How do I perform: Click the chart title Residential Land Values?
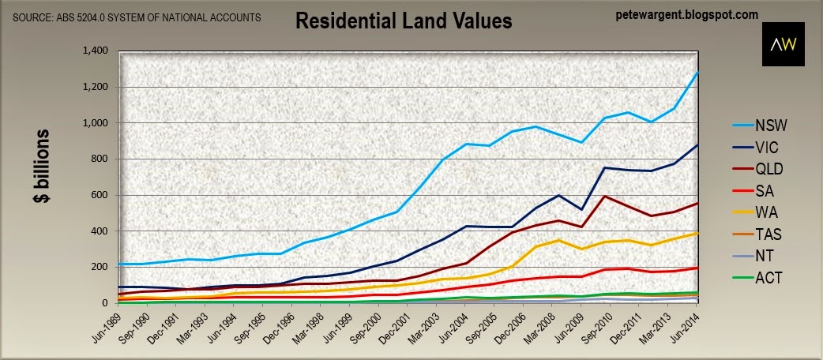pyautogui.click(x=403, y=21)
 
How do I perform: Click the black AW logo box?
pyautogui.click(x=783, y=44)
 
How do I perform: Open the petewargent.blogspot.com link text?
pyautogui.click(x=687, y=15)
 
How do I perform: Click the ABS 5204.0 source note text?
pyautogui.click(x=137, y=18)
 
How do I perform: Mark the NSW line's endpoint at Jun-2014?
pyautogui.click(x=697, y=73)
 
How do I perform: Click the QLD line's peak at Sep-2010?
pyautogui.click(x=605, y=197)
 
